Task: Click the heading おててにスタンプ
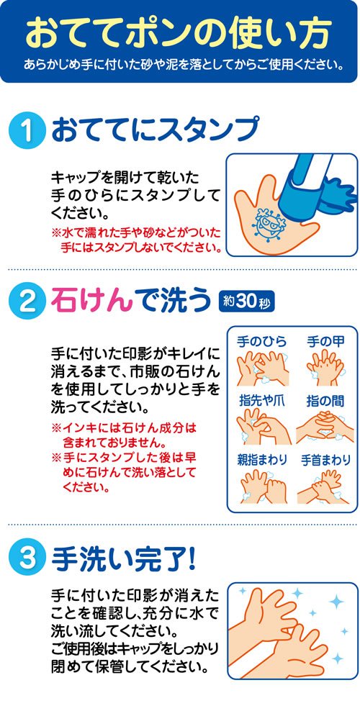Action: tap(155, 130)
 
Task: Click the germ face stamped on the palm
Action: tap(269, 223)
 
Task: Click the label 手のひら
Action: tap(261, 341)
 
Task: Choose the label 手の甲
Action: tap(325, 341)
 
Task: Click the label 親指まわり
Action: tap(262, 460)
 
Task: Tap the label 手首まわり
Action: tap(326, 460)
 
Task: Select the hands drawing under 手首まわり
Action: tap(324, 486)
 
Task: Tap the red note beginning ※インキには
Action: tap(125, 435)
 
